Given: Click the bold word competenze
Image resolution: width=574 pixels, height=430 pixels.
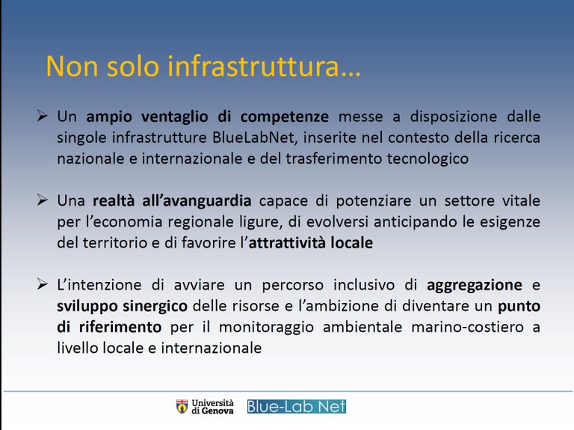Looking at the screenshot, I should pos(288,117).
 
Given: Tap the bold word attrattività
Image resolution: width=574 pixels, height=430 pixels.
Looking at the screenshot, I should pos(288,243).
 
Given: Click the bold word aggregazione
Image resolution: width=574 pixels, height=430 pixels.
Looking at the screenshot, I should pos(475,285).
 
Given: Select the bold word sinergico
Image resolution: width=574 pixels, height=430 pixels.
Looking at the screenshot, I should pos(154,306).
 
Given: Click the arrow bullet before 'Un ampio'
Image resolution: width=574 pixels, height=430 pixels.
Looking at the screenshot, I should pos(43,117).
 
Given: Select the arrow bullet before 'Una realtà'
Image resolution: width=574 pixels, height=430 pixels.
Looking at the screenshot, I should pos(43,201).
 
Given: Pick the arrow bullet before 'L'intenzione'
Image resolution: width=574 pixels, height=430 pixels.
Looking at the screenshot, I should pos(43,285).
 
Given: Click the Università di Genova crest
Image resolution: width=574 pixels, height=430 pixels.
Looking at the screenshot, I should pos(182,406).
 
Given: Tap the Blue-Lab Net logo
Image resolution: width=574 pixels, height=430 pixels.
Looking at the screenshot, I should pos(297,406).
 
